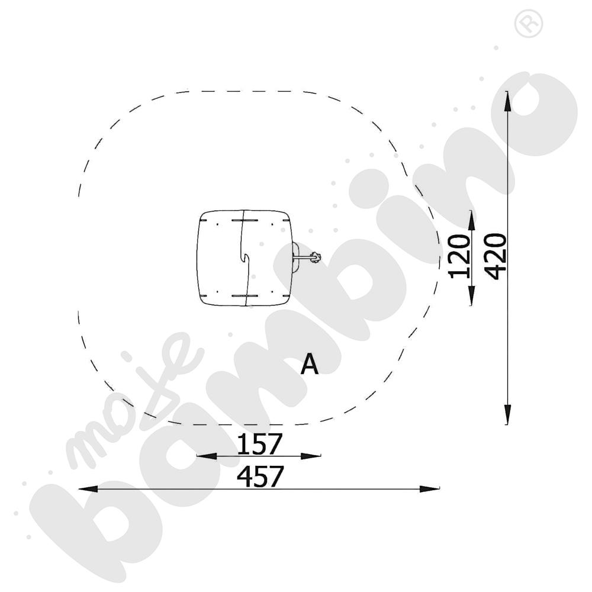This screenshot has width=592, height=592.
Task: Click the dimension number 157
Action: [260, 444]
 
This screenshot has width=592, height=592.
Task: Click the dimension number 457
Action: [260, 477]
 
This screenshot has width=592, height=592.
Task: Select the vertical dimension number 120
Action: [458, 256]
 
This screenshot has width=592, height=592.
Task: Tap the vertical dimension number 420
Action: [495, 256]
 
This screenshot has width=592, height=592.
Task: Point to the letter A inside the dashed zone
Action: [310, 365]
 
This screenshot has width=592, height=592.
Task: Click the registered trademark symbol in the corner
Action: [529, 23]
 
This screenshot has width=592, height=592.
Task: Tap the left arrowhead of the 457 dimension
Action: [88, 489]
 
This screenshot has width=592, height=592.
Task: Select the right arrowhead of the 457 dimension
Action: [430, 489]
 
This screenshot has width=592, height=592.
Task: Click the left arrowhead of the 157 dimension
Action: [207, 456]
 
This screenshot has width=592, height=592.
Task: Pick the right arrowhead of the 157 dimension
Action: [311, 456]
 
